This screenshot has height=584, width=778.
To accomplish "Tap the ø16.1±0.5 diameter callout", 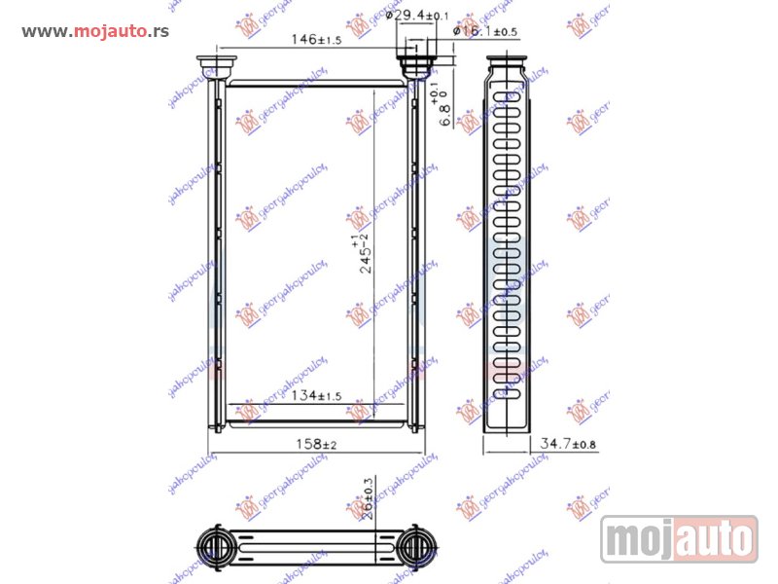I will tap(485, 32).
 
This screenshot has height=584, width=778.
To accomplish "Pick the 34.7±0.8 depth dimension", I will tap(568, 444).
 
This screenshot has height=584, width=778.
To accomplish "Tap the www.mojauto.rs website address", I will tap(95, 31).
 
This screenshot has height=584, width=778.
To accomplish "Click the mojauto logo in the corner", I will tap(679, 538).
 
